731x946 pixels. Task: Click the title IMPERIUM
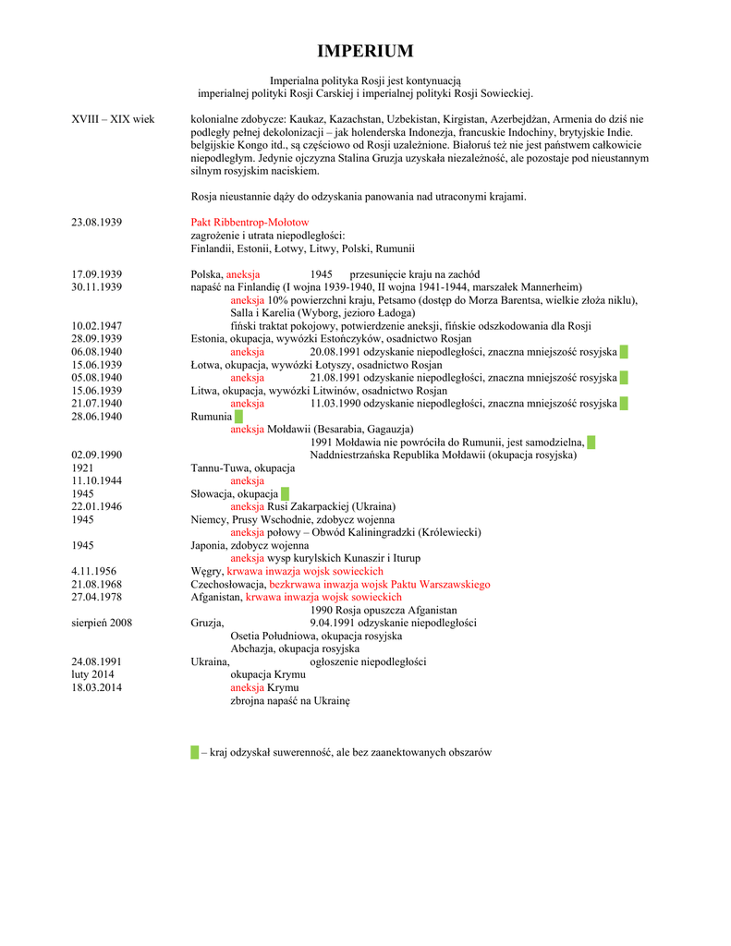tap(365, 51)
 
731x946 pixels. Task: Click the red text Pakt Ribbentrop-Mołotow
tap(250, 223)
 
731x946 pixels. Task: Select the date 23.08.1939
tap(97, 223)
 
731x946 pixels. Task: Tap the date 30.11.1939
tap(97, 287)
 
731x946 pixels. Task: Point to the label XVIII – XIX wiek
tap(113, 119)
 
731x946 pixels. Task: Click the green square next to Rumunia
tap(238, 417)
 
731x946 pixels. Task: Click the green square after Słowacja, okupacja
tap(285, 494)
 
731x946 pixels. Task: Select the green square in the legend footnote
tap(195, 752)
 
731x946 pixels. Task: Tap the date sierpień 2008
tap(102, 623)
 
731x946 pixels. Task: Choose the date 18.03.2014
tap(97, 687)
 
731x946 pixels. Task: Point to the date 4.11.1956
tap(94, 571)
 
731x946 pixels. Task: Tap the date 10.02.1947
tap(97, 326)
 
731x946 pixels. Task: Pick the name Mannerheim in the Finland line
tap(550, 287)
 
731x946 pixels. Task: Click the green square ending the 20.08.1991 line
tap(624, 352)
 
